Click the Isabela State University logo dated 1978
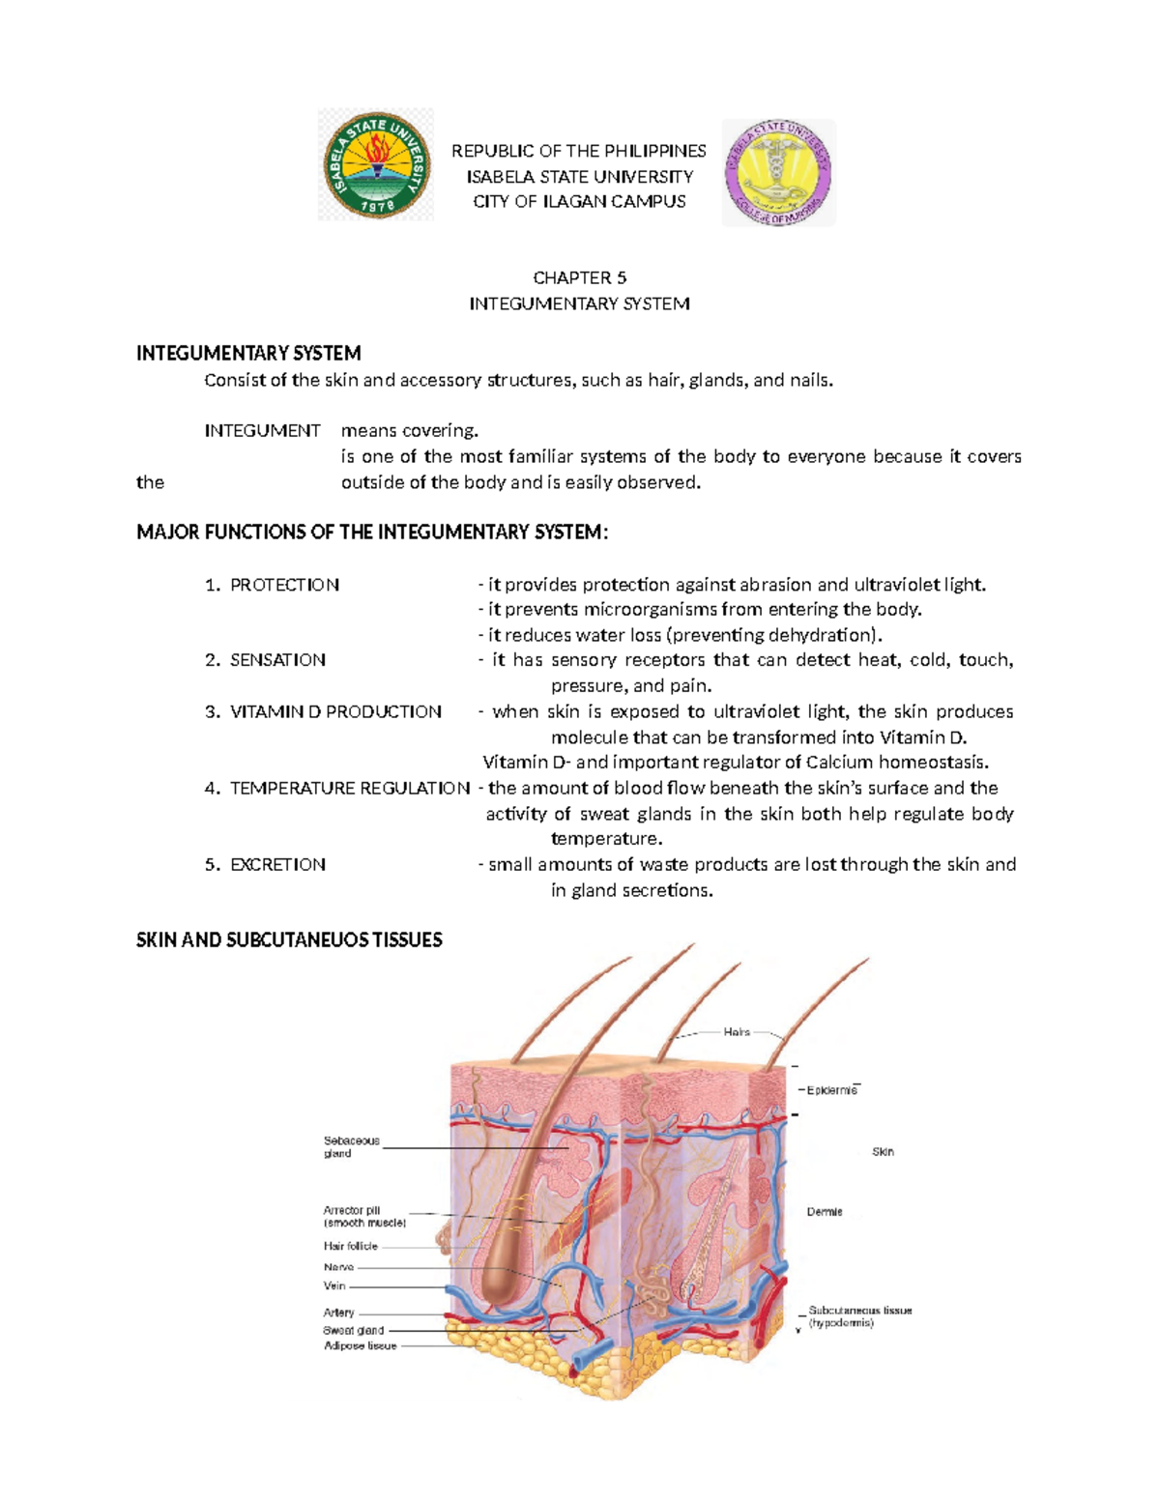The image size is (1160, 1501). tap(376, 164)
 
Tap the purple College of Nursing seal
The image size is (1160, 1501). tap(779, 173)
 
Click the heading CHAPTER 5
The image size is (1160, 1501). tap(580, 277)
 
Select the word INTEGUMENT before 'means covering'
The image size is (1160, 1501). tap(262, 430)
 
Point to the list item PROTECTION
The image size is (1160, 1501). tap(284, 585)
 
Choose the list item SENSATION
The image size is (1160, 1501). tap(277, 660)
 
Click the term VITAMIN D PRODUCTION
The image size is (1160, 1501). tap(335, 711)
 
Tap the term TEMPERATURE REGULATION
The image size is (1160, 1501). tap(350, 788)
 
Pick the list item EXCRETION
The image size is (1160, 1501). tap(277, 864)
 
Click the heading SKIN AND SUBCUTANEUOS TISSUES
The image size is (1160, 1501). tap(289, 939)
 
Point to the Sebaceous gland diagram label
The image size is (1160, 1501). tap(351, 1147)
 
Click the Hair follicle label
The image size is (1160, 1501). tap(350, 1247)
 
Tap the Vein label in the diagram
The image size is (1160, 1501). tap(334, 1286)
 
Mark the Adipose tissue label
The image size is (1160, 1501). tap(360, 1345)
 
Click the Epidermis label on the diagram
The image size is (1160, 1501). tap(831, 1090)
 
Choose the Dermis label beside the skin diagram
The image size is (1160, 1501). tap(825, 1212)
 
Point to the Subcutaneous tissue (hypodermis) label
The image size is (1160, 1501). tap(859, 1316)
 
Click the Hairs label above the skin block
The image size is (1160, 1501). tap(737, 1032)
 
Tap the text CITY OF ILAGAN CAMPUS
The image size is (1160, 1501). tap(579, 201)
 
